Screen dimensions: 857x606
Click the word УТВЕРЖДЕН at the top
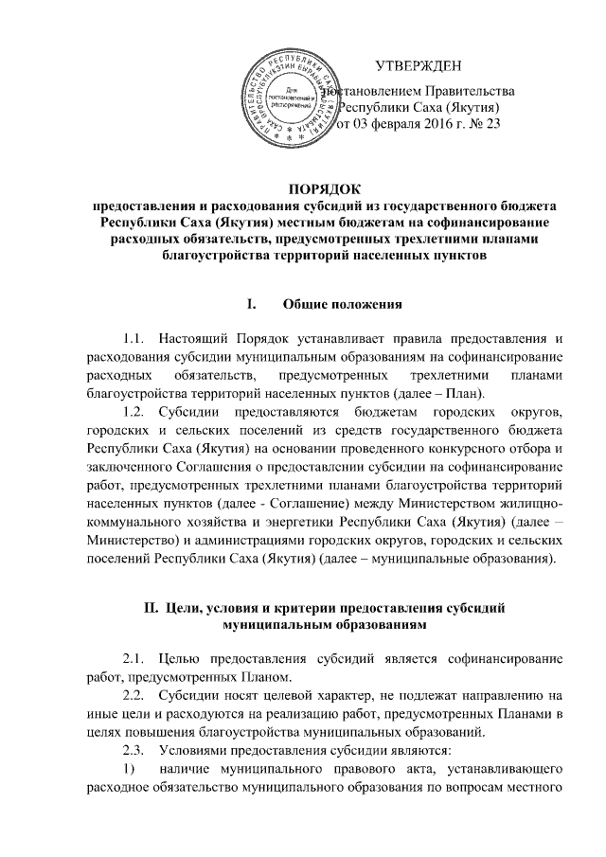click(x=419, y=66)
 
